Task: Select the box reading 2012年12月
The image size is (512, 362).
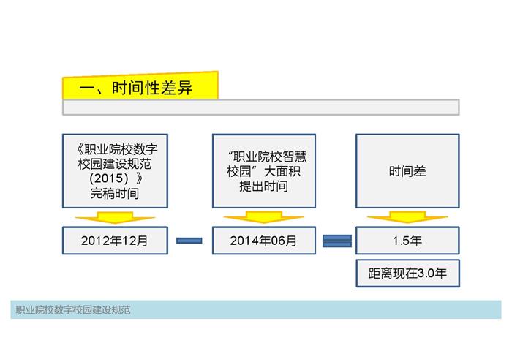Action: (115, 241)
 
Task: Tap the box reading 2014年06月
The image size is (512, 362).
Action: (264, 241)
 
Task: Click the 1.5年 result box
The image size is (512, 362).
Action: (407, 241)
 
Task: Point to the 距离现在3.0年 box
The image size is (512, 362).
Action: (407, 274)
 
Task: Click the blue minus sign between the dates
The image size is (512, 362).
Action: (189, 241)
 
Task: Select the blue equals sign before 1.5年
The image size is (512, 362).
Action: (337, 241)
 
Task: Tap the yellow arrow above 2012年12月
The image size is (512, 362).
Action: (115, 217)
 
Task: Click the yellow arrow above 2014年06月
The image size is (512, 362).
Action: (264, 217)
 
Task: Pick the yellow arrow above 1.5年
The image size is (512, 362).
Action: (407, 217)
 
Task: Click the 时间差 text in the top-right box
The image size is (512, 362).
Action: (407, 171)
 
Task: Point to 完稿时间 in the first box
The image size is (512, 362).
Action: (115, 193)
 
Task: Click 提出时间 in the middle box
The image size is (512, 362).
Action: (263, 186)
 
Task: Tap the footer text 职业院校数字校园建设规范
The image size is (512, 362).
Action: (73, 310)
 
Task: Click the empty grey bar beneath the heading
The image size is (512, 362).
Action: (261, 107)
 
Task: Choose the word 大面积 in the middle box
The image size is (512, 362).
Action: (282, 171)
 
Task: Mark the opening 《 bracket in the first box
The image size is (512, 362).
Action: (80, 149)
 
